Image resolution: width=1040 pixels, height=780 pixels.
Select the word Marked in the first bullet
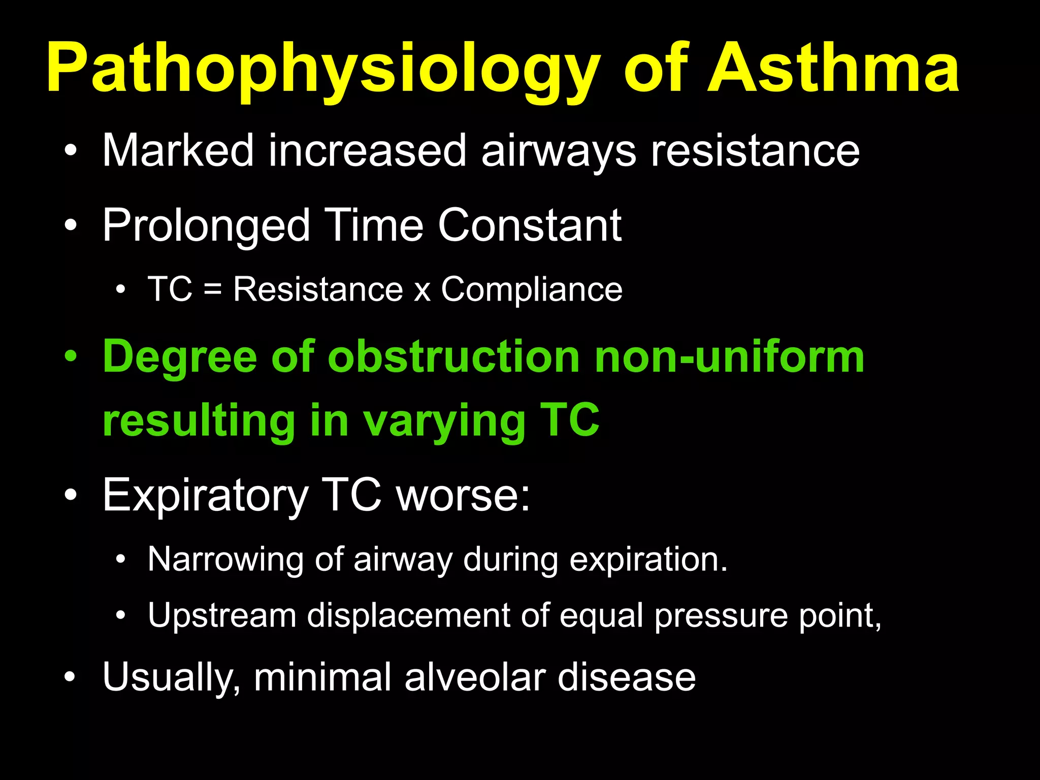coord(178,150)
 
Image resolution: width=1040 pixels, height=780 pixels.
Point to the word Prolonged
coord(206,226)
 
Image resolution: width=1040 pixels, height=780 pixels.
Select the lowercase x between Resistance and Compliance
coord(422,292)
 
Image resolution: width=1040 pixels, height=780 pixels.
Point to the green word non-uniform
coord(729,357)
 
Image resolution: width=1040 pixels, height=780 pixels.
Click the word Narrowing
coord(225,560)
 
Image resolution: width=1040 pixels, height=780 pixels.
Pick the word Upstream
coord(222,615)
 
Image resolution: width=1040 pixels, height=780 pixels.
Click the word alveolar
coord(474,677)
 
